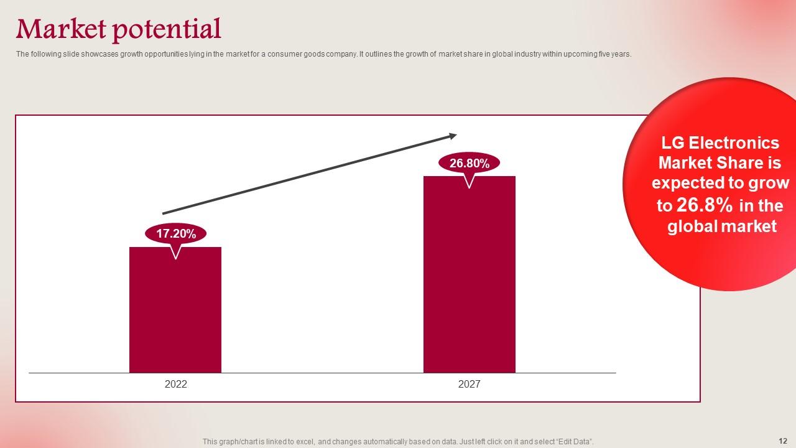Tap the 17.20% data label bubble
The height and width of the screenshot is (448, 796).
(x=176, y=234)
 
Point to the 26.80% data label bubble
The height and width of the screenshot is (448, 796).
(x=470, y=164)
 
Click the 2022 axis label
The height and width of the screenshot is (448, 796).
(x=176, y=385)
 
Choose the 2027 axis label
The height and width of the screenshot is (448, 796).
(x=470, y=385)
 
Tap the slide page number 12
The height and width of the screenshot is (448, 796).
(x=782, y=440)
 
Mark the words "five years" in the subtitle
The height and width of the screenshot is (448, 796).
(x=618, y=54)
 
